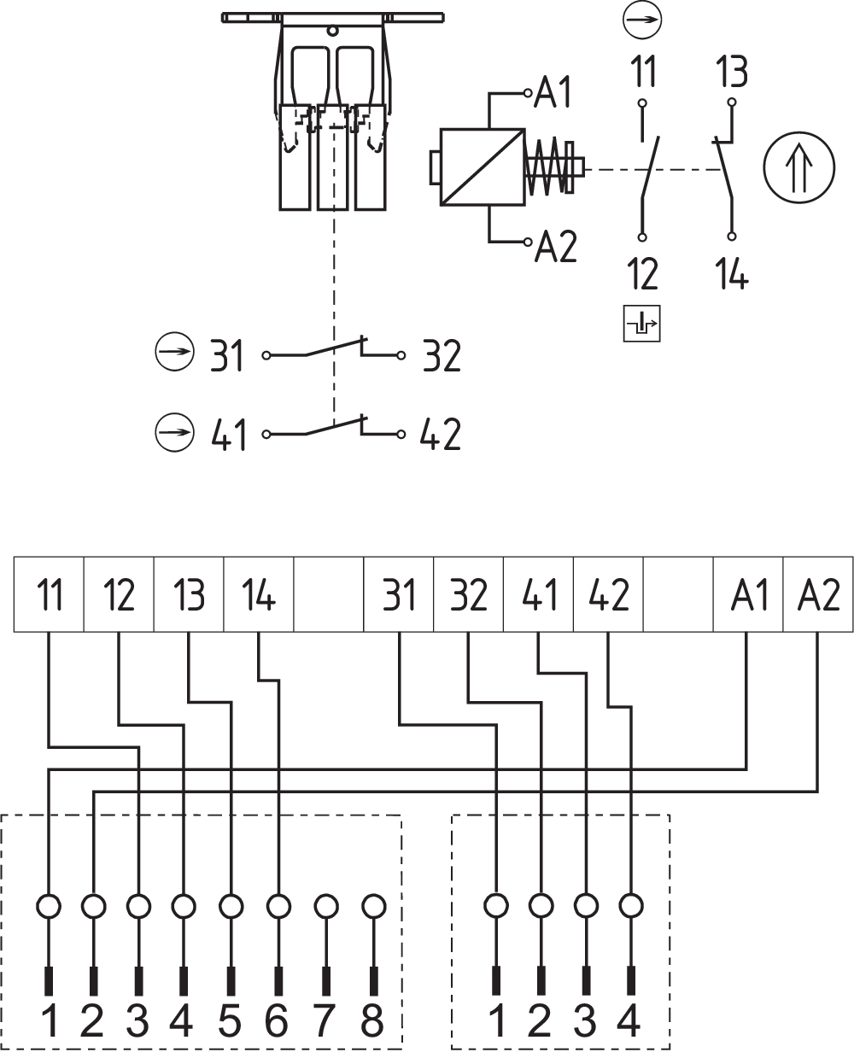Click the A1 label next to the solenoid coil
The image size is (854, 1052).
click(x=553, y=92)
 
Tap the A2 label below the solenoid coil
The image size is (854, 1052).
click(x=556, y=246)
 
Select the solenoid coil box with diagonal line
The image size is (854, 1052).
click(x=482, y=167)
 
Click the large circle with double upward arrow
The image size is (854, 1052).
click(x=798, y=167)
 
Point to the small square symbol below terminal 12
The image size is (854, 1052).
click(x=641, y=324)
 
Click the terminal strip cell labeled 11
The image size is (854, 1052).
click(x=49, y=594)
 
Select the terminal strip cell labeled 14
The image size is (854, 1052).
click(x=259, y=594)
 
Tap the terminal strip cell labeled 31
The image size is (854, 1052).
click(x=399, y=594)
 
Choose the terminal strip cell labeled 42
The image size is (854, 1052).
click(x=608, y=594)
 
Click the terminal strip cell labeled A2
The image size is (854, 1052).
click(x=818, y=594)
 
